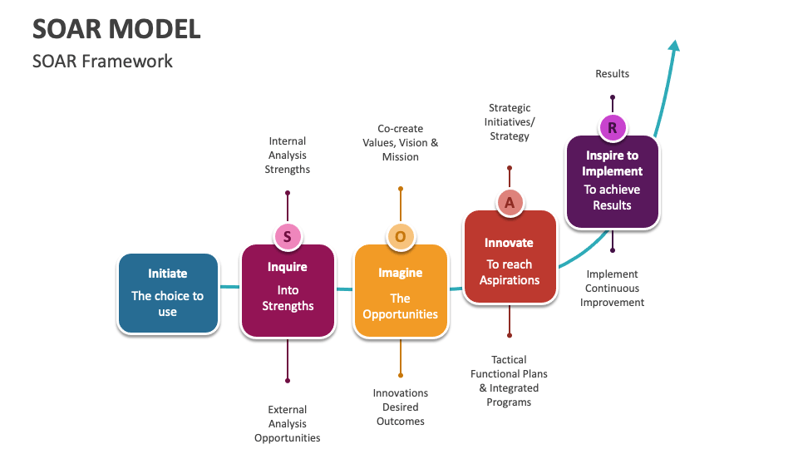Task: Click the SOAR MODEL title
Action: pos(116,29)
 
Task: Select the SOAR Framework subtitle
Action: pos(102,62)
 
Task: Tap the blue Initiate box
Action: pos(168,294)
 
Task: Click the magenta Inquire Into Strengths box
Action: pos(288,290)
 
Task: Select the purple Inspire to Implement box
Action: pos(613,181)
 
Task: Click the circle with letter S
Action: pos(288,237)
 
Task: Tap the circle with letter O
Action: pos(400,237)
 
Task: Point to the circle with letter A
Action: pos(510,201)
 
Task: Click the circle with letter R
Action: pos(613,127)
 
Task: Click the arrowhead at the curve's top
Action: pos(675,46)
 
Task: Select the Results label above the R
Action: pos(613,74)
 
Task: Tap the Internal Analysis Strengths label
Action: pos(288,155)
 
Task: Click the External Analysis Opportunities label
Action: pos(288,423)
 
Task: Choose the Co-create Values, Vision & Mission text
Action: pos(400,143)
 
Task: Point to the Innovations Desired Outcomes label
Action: pos(400,407)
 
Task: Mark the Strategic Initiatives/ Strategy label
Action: pos(510,122)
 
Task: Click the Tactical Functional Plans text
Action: pos(510,381)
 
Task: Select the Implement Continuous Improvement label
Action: pos(613,289)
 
